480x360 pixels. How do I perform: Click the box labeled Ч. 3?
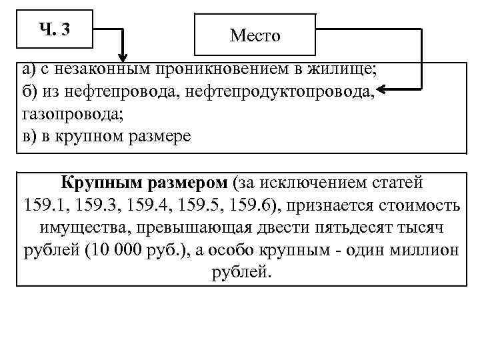[x=55, y=29]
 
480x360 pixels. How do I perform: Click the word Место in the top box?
[x=255, y=36]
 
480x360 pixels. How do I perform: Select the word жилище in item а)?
[x=339, y=69]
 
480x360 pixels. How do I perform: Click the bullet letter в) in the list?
[x=30, y=135]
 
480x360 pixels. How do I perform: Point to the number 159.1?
[x=46, y=204]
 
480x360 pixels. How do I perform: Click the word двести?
[x=278, y=227]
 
